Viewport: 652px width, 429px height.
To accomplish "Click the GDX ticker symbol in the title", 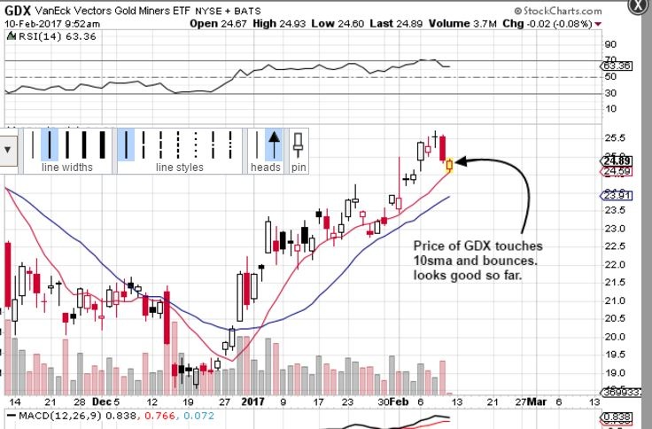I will click(18, 9).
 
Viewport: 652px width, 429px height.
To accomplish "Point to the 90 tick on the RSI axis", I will click(609, 43).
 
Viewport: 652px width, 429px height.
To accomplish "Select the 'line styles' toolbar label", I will click(179, 167).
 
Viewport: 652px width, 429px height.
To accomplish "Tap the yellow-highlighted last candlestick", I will click(450, 164).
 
